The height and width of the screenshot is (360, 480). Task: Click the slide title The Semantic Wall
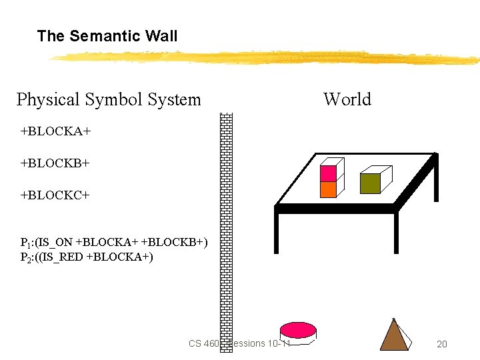pyautogui.click(x=107, y=36)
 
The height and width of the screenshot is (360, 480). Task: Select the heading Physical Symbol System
pyautogui.click(x=108, y=100)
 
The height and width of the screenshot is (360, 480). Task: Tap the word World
pyautogui.click(x=347, y=100)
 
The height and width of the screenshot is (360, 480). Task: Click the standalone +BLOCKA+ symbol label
pyautogui.click(x=55, y=131)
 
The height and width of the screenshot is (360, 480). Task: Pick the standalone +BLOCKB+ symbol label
pyautogui.click(x=55, y=163)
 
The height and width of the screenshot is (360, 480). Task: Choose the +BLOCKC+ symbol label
pyautogui.click(x=55, y=195)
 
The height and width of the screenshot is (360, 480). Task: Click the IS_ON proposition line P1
pyautogui.click(x=113, y=242)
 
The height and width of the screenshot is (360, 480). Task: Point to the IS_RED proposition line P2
pyautogui.click(x=87, y=257)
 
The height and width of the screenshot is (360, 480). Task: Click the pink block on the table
pyautogui.click(x=329, y=173)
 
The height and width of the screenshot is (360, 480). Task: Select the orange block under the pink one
pyautogui.click(x=329, y=189)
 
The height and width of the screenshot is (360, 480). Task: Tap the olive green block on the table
pyautogui.click(x=370, y=183)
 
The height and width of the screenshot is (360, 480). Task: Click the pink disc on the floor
pyautogui.click(x=298, y=330)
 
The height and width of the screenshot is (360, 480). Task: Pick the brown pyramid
pyautogui.click(x=394, y=336)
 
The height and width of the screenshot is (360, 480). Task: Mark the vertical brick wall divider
pyautogui.click(x=227, y=227)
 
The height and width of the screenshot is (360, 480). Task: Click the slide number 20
pyautogui.click(x=441, y=344)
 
